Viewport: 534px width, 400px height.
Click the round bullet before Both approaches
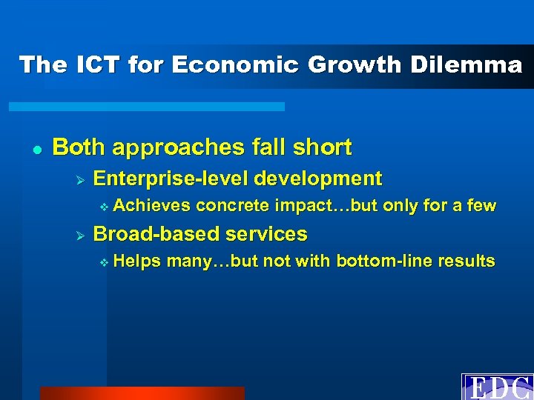(35, 148)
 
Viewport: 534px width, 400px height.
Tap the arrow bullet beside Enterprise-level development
(82, 179)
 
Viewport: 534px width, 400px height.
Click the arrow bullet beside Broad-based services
(82, 235)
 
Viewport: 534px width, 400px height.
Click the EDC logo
(498, 387)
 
